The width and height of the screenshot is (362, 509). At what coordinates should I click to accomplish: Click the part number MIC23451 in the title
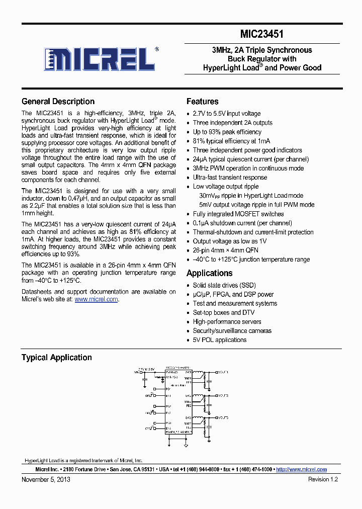point(261,34)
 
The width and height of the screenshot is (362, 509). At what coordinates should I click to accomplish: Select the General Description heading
point(58,102)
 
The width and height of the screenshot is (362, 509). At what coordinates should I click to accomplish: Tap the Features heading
point(202,102)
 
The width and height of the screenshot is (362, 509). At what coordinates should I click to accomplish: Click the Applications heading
point(209,273)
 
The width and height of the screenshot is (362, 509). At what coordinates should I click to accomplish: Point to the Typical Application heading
point(56,358)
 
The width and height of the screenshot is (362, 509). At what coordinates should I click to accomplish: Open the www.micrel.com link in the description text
point(96,299)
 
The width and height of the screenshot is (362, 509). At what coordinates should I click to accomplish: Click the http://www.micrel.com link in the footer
point(301,469)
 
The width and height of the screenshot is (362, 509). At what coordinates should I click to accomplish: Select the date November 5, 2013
point(46,479)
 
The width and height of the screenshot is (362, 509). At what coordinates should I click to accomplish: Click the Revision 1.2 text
point(323,479)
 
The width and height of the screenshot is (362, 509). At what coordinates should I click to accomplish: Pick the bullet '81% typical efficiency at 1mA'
point(231,141)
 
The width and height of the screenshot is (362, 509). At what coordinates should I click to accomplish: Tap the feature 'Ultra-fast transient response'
point(230,178)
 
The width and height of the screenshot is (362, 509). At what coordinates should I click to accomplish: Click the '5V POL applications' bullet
point(220,340)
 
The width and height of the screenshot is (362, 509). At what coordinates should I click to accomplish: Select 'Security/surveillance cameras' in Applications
point(232,331)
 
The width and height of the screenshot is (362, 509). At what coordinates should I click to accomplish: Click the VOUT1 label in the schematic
point(222,372)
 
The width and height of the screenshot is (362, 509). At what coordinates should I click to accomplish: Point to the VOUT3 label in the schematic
point(222,417)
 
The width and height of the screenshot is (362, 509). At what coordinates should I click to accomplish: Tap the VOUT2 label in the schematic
point(222,396)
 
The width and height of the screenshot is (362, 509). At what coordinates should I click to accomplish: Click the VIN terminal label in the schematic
point(135,373)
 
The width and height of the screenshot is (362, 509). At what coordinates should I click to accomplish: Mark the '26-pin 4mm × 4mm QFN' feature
point(225,250)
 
